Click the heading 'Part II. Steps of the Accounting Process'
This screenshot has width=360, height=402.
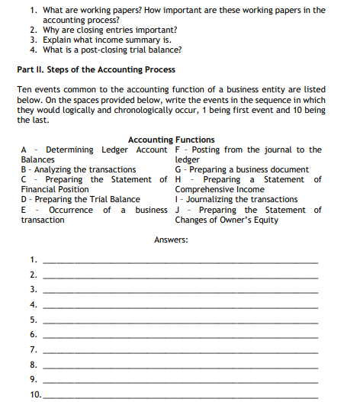pyautogui.click(x=95, y=69)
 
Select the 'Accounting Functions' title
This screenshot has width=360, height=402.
pyautogui.click(x=171, y=140)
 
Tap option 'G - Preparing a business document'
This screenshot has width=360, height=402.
pyautogui.click(x=242, y=169)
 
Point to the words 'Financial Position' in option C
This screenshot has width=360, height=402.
pyautogui.click(x=55, y=189)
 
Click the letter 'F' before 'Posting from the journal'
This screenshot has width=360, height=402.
pyautogui.click(x=178, y=150)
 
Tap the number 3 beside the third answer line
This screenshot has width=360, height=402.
pyautogui.click(x=33, y=291)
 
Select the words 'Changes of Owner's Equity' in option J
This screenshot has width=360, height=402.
pyautogui.click(x=227, y=220)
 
